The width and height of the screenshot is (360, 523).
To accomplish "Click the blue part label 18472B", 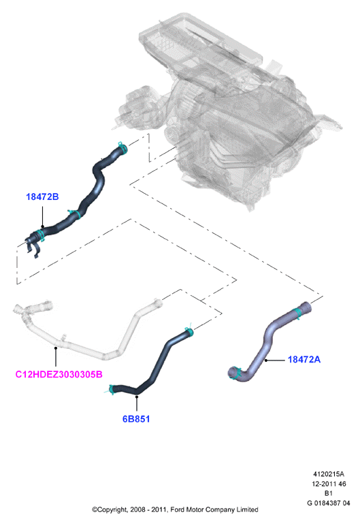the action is (x=42, y=197).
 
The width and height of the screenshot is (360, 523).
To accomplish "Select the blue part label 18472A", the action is (x=304, y=359).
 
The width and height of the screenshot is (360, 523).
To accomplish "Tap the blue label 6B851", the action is (x=136, y=418).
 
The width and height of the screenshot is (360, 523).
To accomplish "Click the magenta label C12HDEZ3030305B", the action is (x=59, y=374).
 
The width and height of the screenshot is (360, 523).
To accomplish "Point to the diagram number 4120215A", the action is (x=329, y=474).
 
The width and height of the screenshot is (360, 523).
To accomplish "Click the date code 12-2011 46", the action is (x=329, y=484).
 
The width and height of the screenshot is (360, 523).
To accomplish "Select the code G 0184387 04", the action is (x=329, y=503).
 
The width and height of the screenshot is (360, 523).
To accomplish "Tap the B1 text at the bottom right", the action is (x=329, y=493).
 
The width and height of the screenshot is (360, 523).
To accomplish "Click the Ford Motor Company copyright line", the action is (x=175, y=509).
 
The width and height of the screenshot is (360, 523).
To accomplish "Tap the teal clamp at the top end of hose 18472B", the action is (x=122, y=148).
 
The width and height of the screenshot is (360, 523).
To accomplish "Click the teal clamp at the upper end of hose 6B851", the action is (x=189, y=331).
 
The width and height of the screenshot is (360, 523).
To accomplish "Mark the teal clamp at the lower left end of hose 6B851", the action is (x=111, y=389).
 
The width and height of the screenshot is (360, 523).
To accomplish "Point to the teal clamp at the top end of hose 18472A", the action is (x=297, y=314).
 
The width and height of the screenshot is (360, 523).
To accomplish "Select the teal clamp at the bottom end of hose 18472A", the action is (x=236, y=373).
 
